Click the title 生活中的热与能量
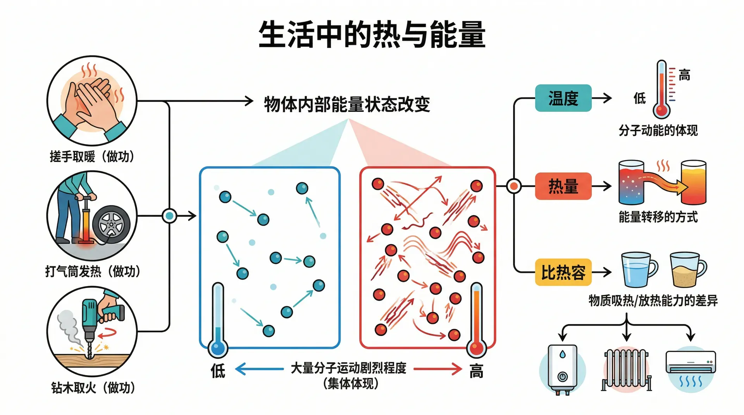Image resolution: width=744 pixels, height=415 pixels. (372, 35)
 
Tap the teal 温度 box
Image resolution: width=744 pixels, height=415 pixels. (563, 98)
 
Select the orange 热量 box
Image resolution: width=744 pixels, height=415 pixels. (563, 186)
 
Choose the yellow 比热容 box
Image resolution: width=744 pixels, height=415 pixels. (563, 273)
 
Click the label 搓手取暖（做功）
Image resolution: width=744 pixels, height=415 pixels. (92, 157)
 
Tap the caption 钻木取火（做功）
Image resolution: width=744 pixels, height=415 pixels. (93, 388)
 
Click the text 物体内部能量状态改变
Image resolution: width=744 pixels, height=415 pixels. (347, 104)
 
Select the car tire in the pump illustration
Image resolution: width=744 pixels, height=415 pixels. (111, 225)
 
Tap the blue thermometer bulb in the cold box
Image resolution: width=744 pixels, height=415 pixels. (218, 348)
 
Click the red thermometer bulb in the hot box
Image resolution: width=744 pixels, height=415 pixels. (476, 348)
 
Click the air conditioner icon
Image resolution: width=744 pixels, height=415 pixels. (691, 366)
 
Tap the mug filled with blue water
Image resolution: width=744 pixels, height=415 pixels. (638, 269)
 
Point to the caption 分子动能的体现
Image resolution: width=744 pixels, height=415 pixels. (658, 130)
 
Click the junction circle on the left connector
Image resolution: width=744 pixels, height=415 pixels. (169, 216)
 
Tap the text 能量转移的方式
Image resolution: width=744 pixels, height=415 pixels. (658, 217)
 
